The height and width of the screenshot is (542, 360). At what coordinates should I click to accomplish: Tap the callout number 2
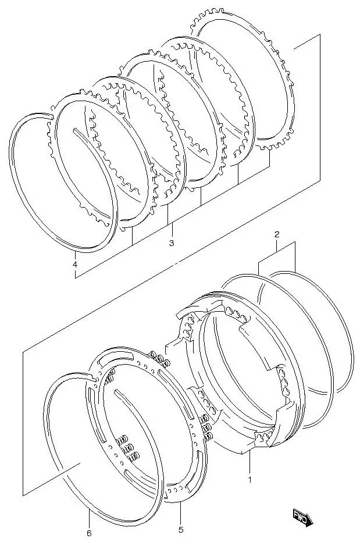tap(277, 234)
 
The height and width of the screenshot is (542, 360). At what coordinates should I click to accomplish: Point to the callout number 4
tap(75, 265)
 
